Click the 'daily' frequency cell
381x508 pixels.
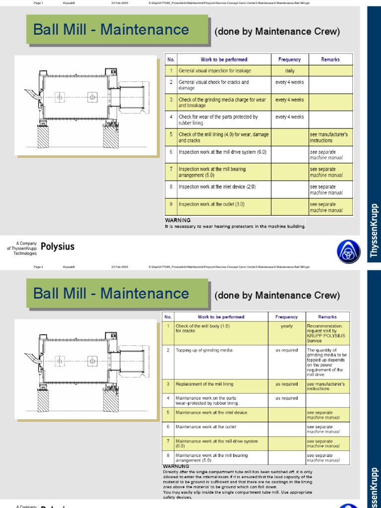coord(289,71)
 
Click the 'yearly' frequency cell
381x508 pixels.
coord(287,326)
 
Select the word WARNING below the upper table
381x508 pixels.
coord(177,220)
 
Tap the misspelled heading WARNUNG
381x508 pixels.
coord(176,466)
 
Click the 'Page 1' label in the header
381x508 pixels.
coord(39,3)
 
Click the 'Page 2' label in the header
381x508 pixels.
coord(39,267)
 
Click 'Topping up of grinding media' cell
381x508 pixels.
coord(204,350)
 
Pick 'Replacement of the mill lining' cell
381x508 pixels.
coord(204,384)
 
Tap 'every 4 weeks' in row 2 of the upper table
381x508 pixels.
coord(289,82)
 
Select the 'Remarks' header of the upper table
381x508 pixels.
coord(330,60)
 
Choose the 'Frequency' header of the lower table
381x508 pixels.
coord(287,317)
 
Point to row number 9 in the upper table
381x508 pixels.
coord(171,204)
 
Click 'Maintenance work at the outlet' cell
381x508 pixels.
coord(206,427)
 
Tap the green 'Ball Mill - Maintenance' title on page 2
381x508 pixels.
coord(111,293)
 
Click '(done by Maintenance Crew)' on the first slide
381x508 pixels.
coord(277,32)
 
